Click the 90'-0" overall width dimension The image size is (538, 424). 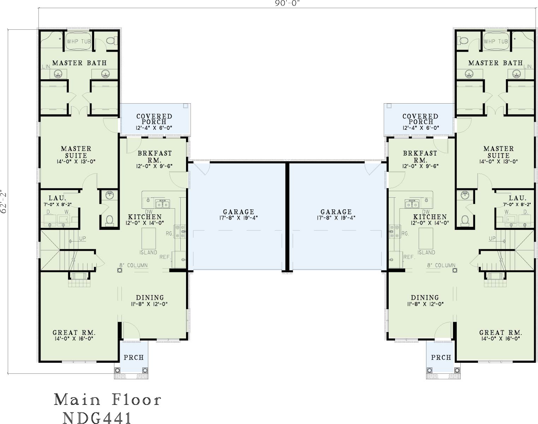coord(287,3)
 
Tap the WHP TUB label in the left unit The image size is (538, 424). coord(79,41)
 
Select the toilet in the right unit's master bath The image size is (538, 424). coord(462,40)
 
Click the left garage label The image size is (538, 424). coord(239,212)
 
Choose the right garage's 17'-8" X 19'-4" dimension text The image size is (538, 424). coord(336,218)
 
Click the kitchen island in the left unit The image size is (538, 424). coord(149,238)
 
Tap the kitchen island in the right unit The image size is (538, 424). coord(426,238)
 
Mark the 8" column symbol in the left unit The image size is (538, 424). coord(120,270)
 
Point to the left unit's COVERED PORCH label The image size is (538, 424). coord(154,119)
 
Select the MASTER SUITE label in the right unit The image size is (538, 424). coord(498,152)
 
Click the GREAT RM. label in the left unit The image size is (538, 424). coord(74,333)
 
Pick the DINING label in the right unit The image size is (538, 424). coord(425,297)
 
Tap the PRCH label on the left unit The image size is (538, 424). coord(134,358)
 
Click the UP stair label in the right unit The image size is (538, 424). coord(492,238)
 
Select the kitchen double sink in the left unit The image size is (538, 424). coord(162,204)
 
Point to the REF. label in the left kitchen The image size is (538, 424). coord(165,257)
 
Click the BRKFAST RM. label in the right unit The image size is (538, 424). coord(420,156)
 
